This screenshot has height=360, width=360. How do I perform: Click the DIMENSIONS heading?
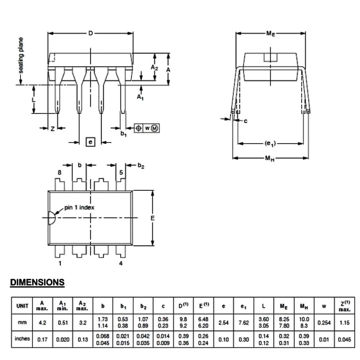[x=37, y=282]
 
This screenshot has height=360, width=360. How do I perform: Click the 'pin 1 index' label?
[x=79, y=208]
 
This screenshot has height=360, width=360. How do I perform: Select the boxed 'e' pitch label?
[x=90, y=142]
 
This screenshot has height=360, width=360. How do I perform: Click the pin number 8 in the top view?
[x=60, y=173]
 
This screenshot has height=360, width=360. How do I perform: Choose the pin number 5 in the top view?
[x=120, y=173]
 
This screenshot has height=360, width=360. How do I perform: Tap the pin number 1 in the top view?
[x=60, y=263]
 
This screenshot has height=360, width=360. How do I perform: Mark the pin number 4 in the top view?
[x=120, y=263]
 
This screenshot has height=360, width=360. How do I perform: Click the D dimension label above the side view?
[x=91, y=34]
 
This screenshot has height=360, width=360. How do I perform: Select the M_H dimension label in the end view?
[x=270, y=158]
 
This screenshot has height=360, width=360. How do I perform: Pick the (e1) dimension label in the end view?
[x=270, y=143]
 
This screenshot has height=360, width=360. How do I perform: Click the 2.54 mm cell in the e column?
[x=223, y=322]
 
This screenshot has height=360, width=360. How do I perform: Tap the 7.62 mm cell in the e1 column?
[x=243, y=322]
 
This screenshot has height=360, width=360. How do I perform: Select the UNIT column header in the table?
[x=22, y=306]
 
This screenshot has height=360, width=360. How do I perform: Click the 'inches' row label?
[x=22, y=339]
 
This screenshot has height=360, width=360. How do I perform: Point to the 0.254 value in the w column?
[x=324, y=322]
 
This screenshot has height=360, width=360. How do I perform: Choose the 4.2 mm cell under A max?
[x=42, y=322]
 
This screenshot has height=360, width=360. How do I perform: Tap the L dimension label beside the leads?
[x=34, y=99]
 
